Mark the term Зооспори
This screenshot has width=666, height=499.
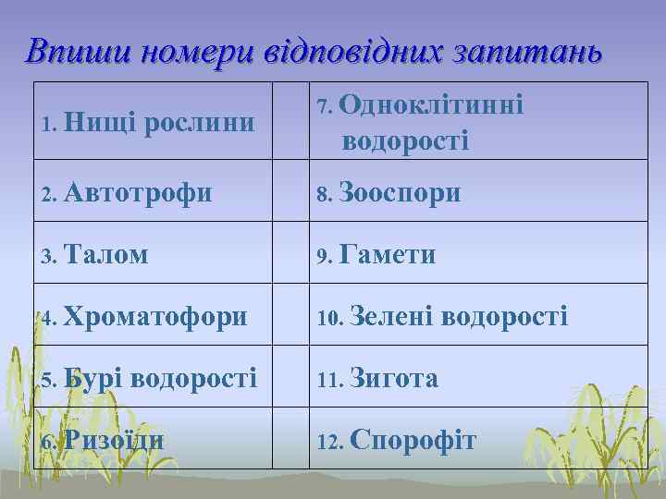coord(400,193)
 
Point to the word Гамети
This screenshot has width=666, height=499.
coord(388,254)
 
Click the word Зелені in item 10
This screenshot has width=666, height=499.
coord(392,316)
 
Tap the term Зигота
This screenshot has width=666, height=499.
coord(396,378)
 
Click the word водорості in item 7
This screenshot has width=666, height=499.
coord(405,140)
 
